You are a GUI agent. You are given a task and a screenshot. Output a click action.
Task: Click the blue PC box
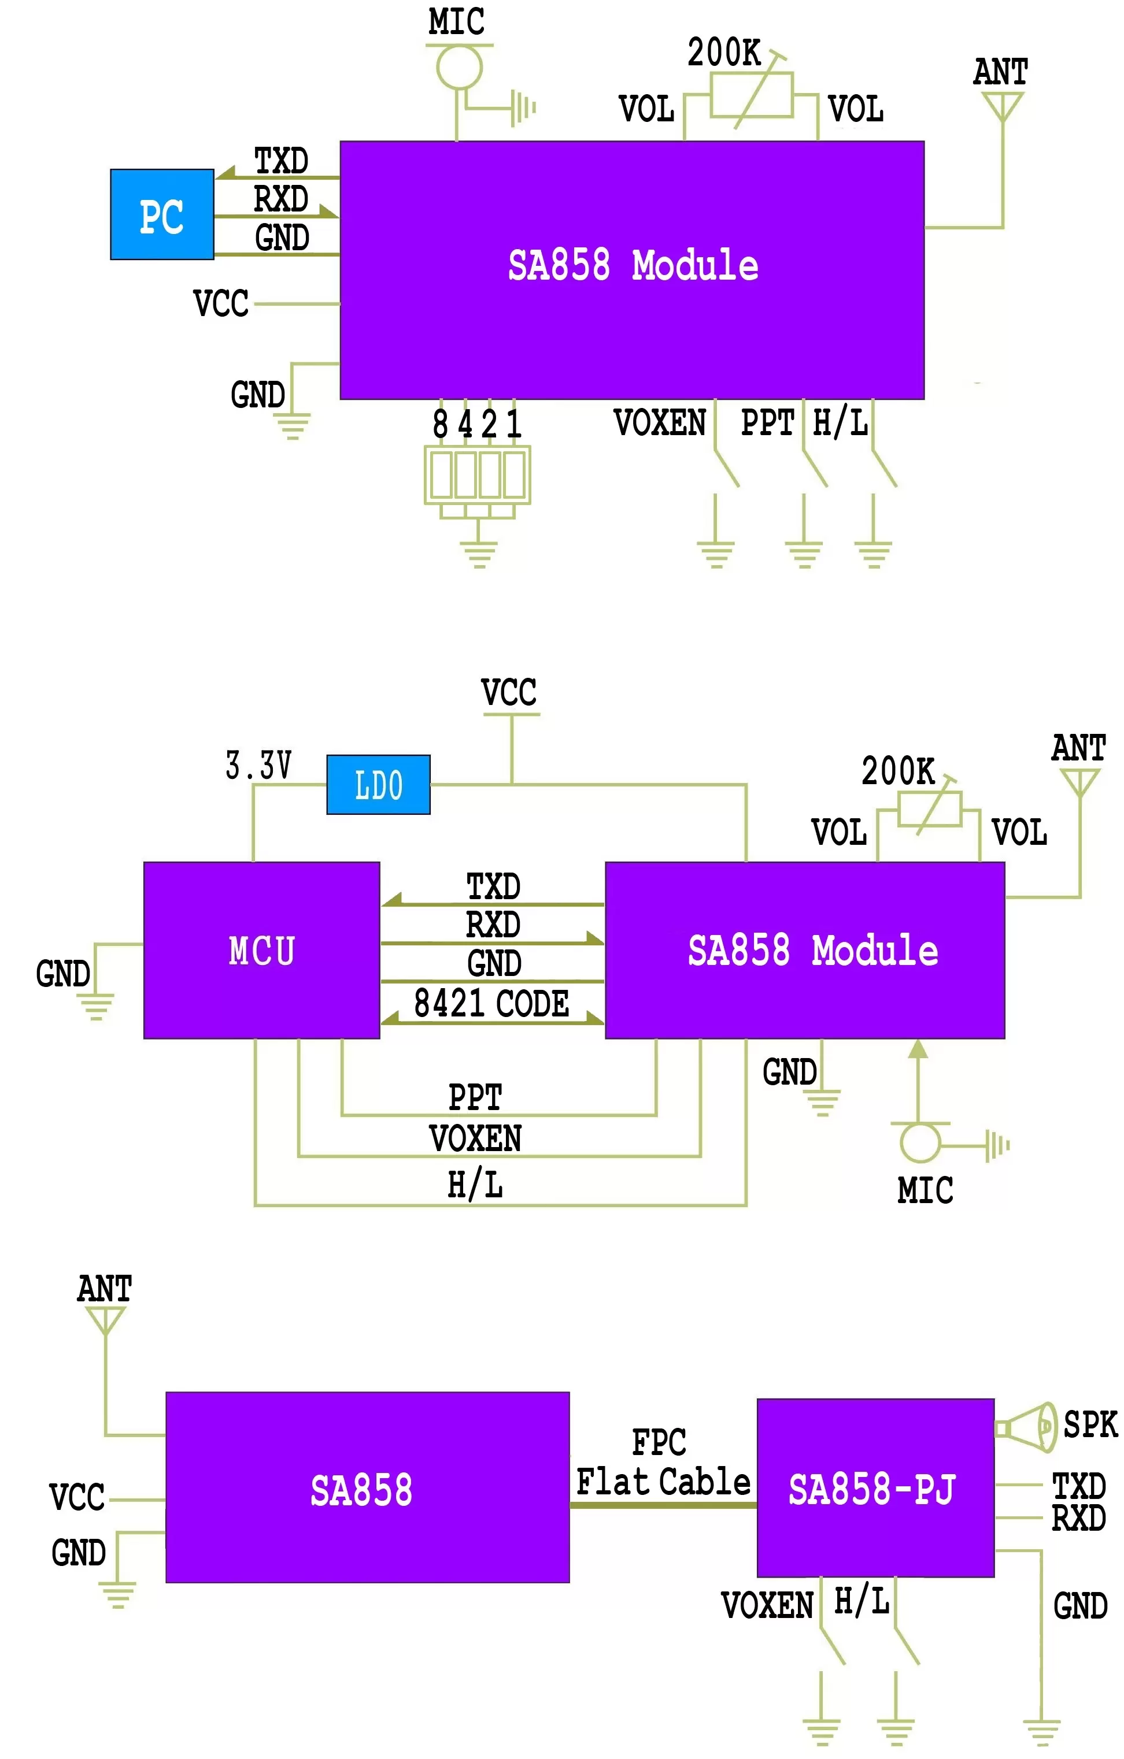(161, 215)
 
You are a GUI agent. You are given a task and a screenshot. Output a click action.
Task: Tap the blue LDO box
(378, 785)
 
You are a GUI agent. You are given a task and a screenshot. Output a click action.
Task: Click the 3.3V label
(258, 765)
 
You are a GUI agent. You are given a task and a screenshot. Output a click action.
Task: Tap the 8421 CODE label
(491, 1003)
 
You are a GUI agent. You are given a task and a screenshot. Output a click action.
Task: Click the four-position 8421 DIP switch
(477, 475)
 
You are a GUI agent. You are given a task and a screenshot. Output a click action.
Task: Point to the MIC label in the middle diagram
(925, 1190)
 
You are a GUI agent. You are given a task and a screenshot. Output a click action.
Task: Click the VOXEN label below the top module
(659, 423)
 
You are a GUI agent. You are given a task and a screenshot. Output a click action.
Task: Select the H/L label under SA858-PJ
(862, 1601)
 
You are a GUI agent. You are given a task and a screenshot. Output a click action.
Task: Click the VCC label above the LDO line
(509, 692)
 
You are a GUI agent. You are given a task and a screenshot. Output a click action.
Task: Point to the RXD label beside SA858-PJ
(1078, 1519)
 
